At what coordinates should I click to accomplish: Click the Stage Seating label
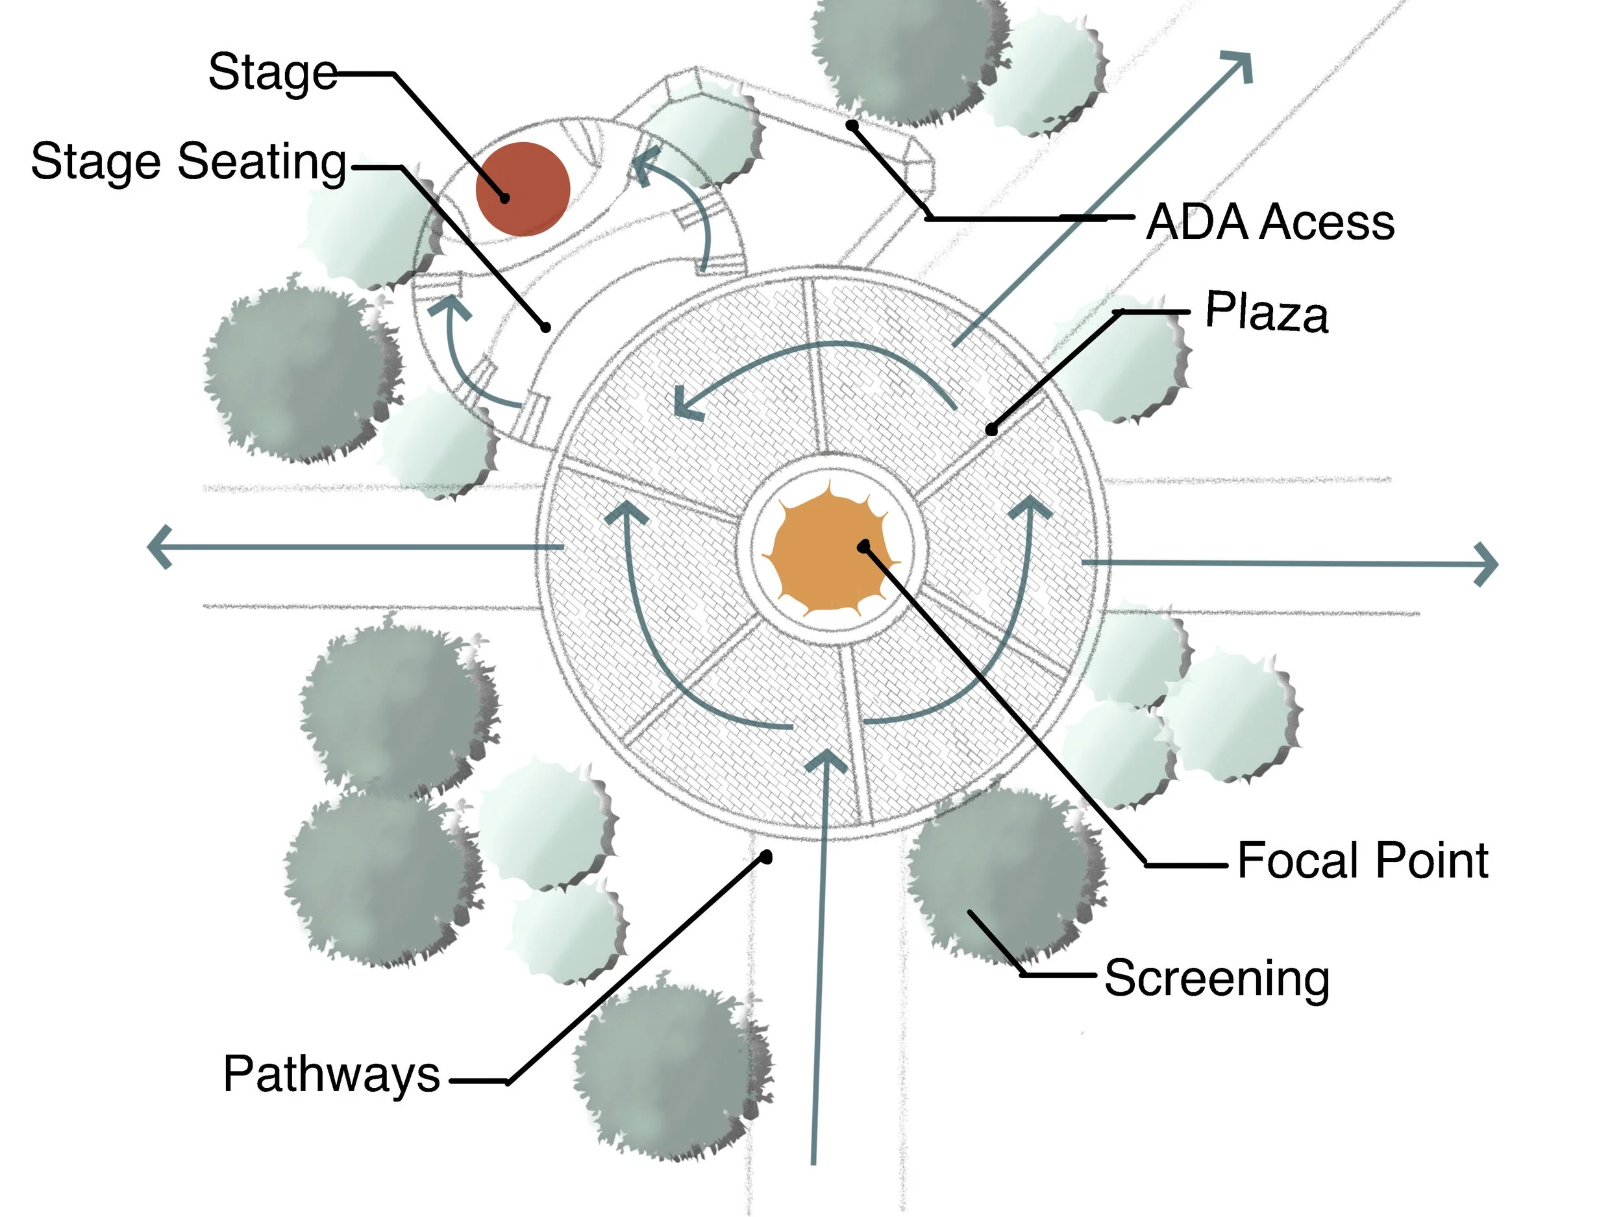pyautogui.click(x=188, y=162)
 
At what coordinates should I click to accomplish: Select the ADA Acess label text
pyautogui.click(x=1270, y=221)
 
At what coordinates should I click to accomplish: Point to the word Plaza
pyautogui.click(x=1267, y=312)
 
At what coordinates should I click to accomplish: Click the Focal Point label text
pyautogui.click(x=1363, y=860)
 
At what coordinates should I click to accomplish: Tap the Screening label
pyautogui.click(x=1217, y=979)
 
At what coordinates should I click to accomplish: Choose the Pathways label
pyautogui.click(x=332, y=1075)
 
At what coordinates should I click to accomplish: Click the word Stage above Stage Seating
pyautogui.click(x=272, y=73)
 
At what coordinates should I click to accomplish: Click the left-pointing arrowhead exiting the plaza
pyautogui.click(x=159, y=547)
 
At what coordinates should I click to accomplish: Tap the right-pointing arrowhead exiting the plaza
pyautogui.click(x=1487, y=564)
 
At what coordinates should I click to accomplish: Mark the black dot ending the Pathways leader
pyautogui.click(x=766, y=857)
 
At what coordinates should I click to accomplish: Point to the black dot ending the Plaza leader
pyautogui.click(x=991, y=430)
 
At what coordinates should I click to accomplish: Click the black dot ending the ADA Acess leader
pyautogui.click(x=852, y=125)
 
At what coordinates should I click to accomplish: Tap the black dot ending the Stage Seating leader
pyautogui.click(x=545, y=328)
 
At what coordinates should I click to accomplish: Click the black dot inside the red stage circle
pyautogui.click(x=505, y=198)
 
